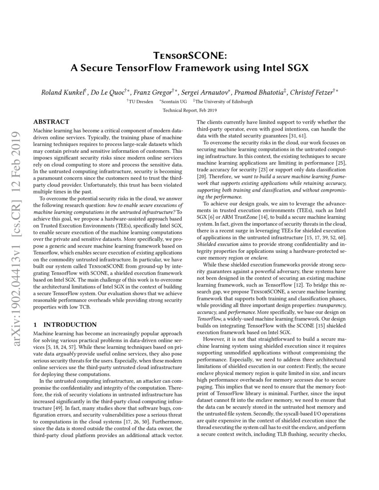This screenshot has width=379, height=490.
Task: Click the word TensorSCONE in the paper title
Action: tap(189, 55)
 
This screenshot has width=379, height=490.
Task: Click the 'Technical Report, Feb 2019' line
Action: tap(189, 110)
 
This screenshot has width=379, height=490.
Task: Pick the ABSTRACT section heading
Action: tap(51, 122)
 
